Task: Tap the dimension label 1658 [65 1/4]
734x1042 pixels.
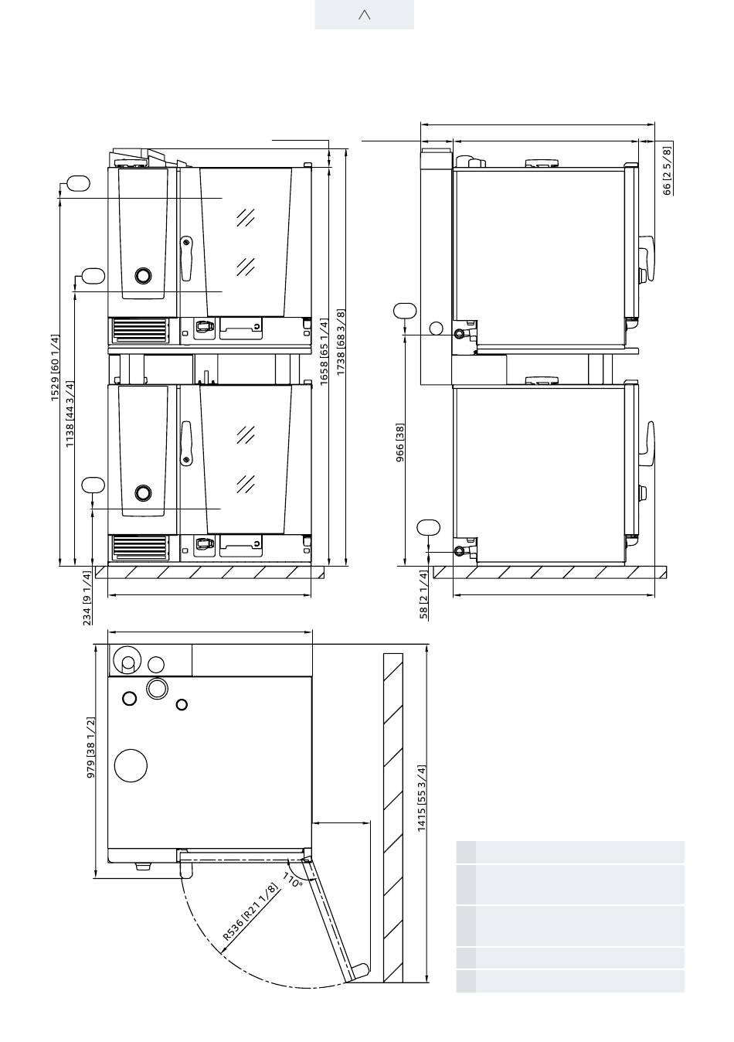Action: pyautogui.click(x=324, y=352)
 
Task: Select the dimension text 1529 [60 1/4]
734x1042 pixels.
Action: pyautogui.click(x=56, y=367)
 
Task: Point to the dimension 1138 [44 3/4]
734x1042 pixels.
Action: pyautogui.click(x=70, y=414)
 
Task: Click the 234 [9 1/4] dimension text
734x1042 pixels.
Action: pyautogui.click(x=87, y=598)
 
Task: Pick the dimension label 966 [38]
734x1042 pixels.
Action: pyautogui.click(x=399, y=442)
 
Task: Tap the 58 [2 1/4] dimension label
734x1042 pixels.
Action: pyautogui.click(x=423, y=594)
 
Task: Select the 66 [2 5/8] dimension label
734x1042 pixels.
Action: pyautogui.click(x=667, y=171)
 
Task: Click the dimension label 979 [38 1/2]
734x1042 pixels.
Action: pyautogui.click(x=90, y=747)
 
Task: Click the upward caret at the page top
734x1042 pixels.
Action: pyautogui.click(x=365, y=15)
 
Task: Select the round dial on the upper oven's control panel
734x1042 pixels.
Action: pyautogui.click(x=143, y=275)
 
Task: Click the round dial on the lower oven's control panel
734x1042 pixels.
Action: pyautogui.click(x=143, y=492)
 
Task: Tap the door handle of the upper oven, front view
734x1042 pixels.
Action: pyautogui.click(x=186, y=259)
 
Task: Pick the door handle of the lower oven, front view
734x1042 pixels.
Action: pyautogui.click(x=186, y=443)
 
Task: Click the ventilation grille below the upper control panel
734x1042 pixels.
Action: pyautogui.click(x=139, y=330)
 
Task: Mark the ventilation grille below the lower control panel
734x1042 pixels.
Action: pyautogui.click(x=139, y=547)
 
